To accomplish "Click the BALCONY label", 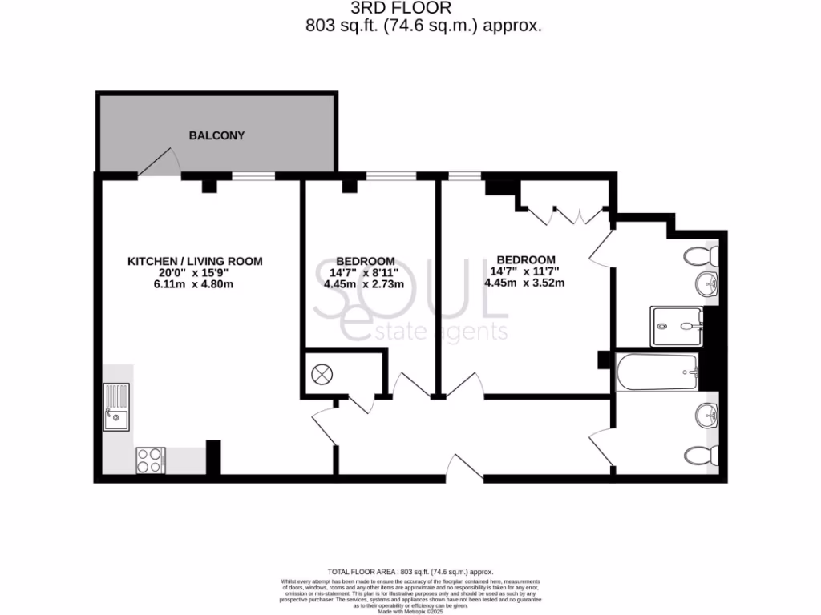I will point(216,135).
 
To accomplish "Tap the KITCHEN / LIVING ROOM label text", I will point(196,261).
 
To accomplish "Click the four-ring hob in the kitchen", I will point(150,460).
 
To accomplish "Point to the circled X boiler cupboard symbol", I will point(323,374).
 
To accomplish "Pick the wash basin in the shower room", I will point(705,282).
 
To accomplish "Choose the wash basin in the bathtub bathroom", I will point(706,416).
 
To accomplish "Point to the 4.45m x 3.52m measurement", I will point(525,283).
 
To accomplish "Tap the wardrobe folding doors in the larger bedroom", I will point(565,213).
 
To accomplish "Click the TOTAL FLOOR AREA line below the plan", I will point(410,572).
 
